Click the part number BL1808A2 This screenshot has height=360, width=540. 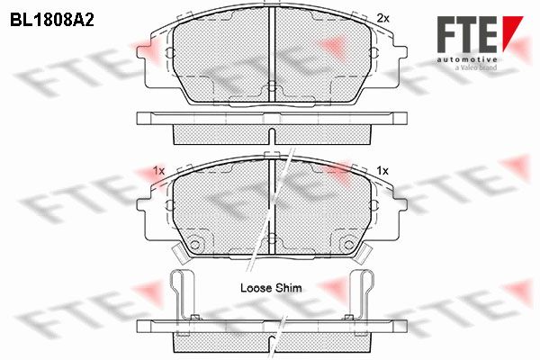click(x=52, y=21)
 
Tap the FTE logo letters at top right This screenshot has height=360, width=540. click(x=468, y=34)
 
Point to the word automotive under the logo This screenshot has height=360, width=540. click(x=467, y=60)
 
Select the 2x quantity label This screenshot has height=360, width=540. click(x=383, y=18)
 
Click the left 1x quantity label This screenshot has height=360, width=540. click(x=158, y=170)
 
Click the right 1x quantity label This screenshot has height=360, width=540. click(x=382, y=170)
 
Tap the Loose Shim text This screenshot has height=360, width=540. click(x=271, y=288)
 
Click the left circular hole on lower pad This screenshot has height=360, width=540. click(x=195, y=245)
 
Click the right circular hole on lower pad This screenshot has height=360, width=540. click(x=349, y=245)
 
